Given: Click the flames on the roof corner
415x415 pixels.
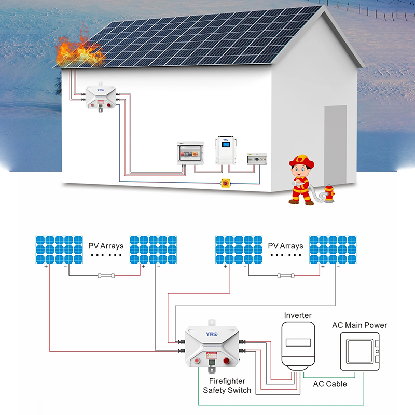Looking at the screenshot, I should tap(78, 50).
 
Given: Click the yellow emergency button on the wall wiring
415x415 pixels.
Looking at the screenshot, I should tap(226, 183).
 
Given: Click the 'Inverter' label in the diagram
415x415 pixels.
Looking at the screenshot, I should tap(298, 315).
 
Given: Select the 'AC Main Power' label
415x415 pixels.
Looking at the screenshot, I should tap(359, 325).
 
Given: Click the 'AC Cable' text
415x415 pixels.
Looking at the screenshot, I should tap(330, 384).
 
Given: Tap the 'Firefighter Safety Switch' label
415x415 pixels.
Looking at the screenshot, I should tap(227, 385).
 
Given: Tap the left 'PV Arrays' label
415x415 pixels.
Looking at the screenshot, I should tap(106, 245).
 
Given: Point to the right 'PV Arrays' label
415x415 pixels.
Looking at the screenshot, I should tap(285, 245).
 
